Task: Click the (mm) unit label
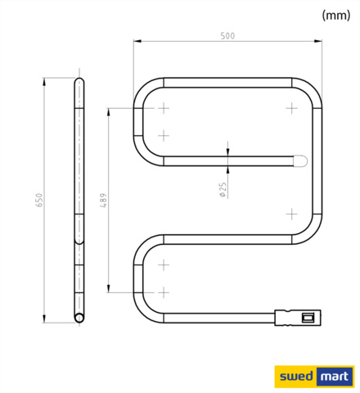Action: click(335, 15)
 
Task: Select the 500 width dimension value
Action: click(228, 35)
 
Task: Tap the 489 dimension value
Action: click(102, 200)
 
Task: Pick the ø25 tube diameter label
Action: click(222, 190)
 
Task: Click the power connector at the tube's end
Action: click(300, 315)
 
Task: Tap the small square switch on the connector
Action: click(308, 315)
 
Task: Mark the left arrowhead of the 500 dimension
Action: click(137, 41)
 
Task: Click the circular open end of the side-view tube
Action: click(79, 315)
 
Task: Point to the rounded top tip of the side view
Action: click(79, 79)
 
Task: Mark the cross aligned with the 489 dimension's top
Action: click(164, 108)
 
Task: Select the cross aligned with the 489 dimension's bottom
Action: click(164, 291)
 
